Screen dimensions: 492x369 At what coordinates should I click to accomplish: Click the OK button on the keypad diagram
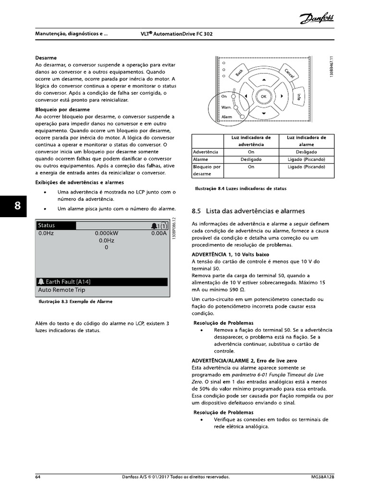[x=263, y=96]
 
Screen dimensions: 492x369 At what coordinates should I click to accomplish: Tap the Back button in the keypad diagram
[x=239, y=73]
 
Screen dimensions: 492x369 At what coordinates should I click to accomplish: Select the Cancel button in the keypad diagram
[x=289, y=73]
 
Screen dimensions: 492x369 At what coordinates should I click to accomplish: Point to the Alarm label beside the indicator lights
[x=226, y=117]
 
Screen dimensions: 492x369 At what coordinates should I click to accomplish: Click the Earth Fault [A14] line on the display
[x=67, y=282]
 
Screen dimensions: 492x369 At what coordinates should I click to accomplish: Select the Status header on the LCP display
[x=47, y=225]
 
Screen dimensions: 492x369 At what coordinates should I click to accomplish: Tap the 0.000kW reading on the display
[x=106, y=233]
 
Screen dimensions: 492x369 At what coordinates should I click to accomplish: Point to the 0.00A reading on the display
[x=158, y=233]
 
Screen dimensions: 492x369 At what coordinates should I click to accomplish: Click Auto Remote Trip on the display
[x=61, y=290]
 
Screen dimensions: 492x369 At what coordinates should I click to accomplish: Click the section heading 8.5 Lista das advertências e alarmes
[x=248, y=211]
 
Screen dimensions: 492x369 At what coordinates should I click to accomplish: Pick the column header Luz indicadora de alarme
[x=307, y=140]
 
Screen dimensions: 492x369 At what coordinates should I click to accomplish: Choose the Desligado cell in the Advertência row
[x=307, y=151]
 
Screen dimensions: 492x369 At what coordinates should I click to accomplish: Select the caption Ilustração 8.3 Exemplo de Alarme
[x=75, y=302]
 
